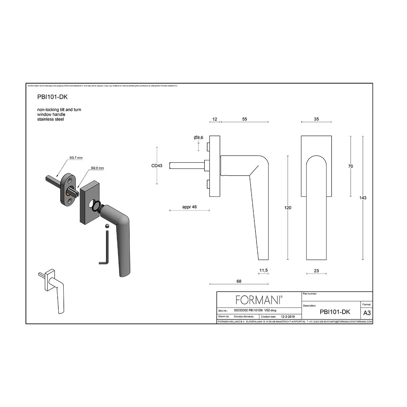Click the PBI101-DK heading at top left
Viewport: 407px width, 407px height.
click(x=52, y=97)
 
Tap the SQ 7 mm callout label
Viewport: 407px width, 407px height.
click(x=76, y=158)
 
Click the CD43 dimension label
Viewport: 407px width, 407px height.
click(x=157, y=166)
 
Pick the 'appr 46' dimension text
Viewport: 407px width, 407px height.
click(x=189, y=207)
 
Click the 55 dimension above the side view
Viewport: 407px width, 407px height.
click(x=245, y=119)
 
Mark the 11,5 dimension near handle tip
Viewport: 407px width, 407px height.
click(x=264, y=270)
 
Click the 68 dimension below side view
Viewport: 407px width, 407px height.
click(x=239, y=281)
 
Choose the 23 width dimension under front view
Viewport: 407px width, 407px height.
click(x=316, y=271)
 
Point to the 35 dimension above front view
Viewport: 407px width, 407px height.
click(x=316, y=119)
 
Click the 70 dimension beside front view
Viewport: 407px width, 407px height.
click(x=351, y=166)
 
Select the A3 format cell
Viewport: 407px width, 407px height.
click(x=367, y=312)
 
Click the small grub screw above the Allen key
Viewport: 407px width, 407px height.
click(x=107, y=225)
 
